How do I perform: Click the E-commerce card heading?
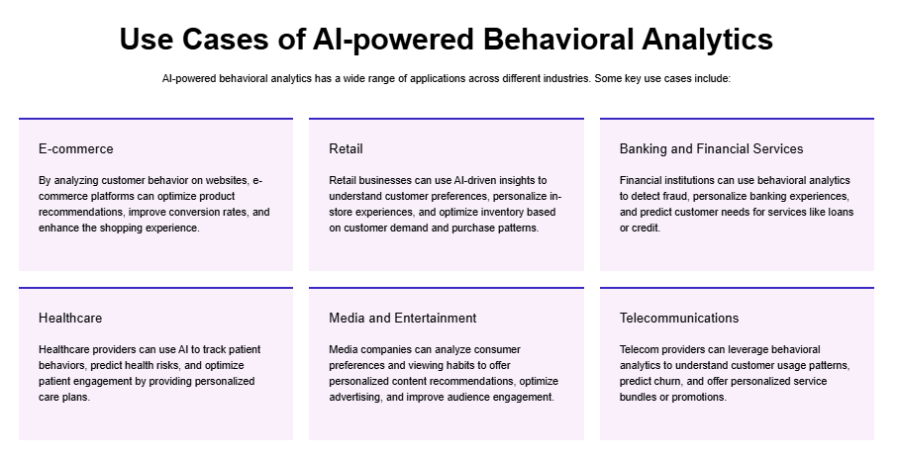point(75,148)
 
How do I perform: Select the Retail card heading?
point(346,148)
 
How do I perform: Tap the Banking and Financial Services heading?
point(711,148)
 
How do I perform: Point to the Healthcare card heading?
point(69,318)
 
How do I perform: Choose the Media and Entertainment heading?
point(402,318)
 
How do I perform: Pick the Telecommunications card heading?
point(679,318)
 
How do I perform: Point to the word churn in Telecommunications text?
point(673,381)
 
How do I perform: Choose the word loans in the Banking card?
point(837,212)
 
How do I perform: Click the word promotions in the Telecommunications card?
point(697,397)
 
